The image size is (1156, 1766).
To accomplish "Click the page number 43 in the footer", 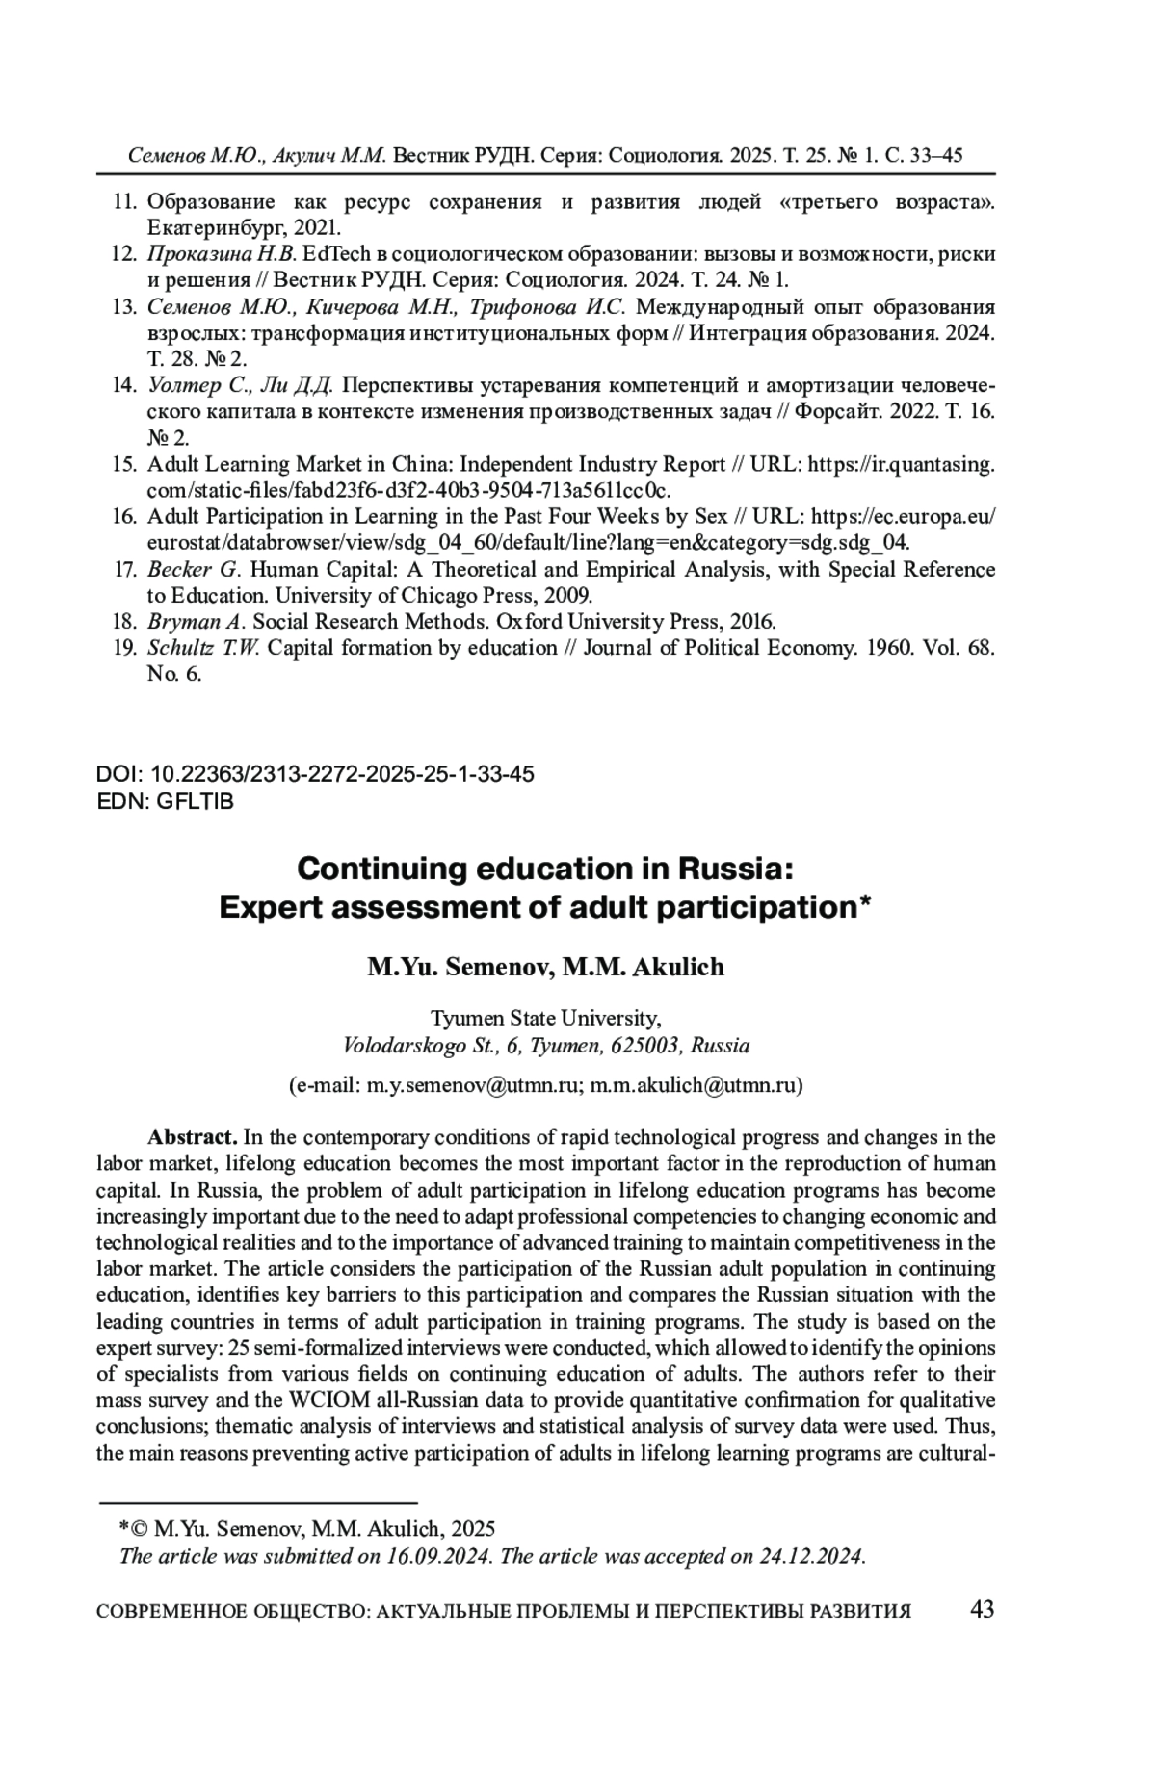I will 983,1609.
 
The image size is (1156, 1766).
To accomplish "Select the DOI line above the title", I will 315,774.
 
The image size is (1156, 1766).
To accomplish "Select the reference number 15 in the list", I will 124,464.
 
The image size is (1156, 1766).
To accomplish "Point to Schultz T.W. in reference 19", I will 203,648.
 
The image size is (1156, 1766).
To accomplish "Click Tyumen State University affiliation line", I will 545,1018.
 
